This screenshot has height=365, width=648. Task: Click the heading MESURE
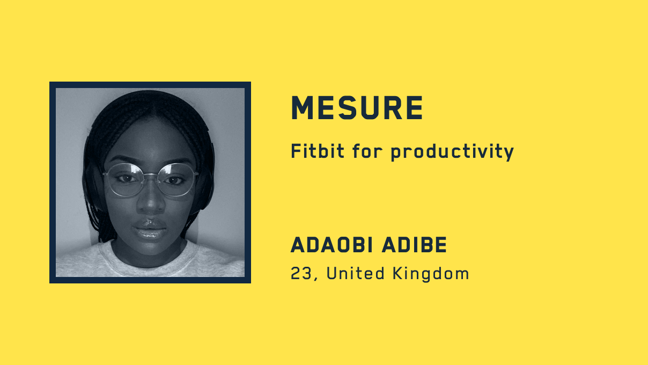(357, 108)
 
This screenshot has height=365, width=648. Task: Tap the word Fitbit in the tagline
(318, 151)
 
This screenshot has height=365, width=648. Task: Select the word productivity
(452, 152)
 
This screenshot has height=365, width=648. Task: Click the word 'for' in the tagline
(367, 151)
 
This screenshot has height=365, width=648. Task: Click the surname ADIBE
(415, 245)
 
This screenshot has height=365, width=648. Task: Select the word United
(356, 273)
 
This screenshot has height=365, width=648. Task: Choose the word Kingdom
(431, 274)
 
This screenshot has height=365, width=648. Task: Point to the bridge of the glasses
(151, 176)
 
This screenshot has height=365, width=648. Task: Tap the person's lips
(150, 229)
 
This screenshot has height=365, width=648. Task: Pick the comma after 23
(315, 279)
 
